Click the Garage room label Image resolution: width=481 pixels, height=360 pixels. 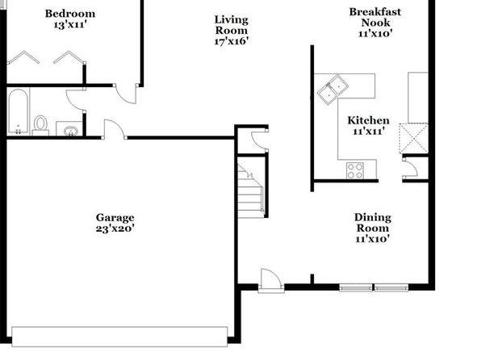tap(115, 218)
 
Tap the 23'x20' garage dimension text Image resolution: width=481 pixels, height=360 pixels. tap(115, 228)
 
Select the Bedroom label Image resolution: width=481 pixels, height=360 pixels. tap(70, 14)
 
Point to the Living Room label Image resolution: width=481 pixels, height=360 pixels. tap(232, 25)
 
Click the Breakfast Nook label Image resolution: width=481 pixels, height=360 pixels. tap(375, 17)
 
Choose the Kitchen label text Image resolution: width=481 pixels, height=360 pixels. tap(369, 120)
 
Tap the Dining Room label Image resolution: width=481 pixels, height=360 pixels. tap(373, 223)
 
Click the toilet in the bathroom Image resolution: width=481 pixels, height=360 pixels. tap(40, 125)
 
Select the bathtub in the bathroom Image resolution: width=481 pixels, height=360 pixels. tap(18, 111)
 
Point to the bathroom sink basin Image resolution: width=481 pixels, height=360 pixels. tap(71, 131)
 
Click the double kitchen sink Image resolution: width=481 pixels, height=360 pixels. tap(333, 90)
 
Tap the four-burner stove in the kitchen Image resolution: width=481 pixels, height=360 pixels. tap(355, 170)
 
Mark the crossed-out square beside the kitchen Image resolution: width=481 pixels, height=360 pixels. tap(413, 138)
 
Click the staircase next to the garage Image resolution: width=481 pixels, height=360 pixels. tap(250, 190)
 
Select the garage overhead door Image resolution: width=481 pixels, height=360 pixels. tap(119, 337)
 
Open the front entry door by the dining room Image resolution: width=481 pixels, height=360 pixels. tap(271, 281)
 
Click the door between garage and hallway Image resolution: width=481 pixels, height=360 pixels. tap(115, 129)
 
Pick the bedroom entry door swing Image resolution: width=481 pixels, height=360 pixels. tap(126, 94)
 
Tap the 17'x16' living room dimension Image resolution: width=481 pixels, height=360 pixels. tap(232, 41)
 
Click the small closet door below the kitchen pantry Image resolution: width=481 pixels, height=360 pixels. tap(410, 168)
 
